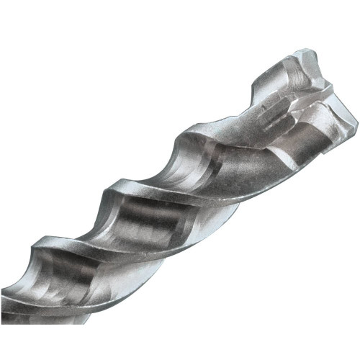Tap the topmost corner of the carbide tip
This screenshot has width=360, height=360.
tap(306, 50)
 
